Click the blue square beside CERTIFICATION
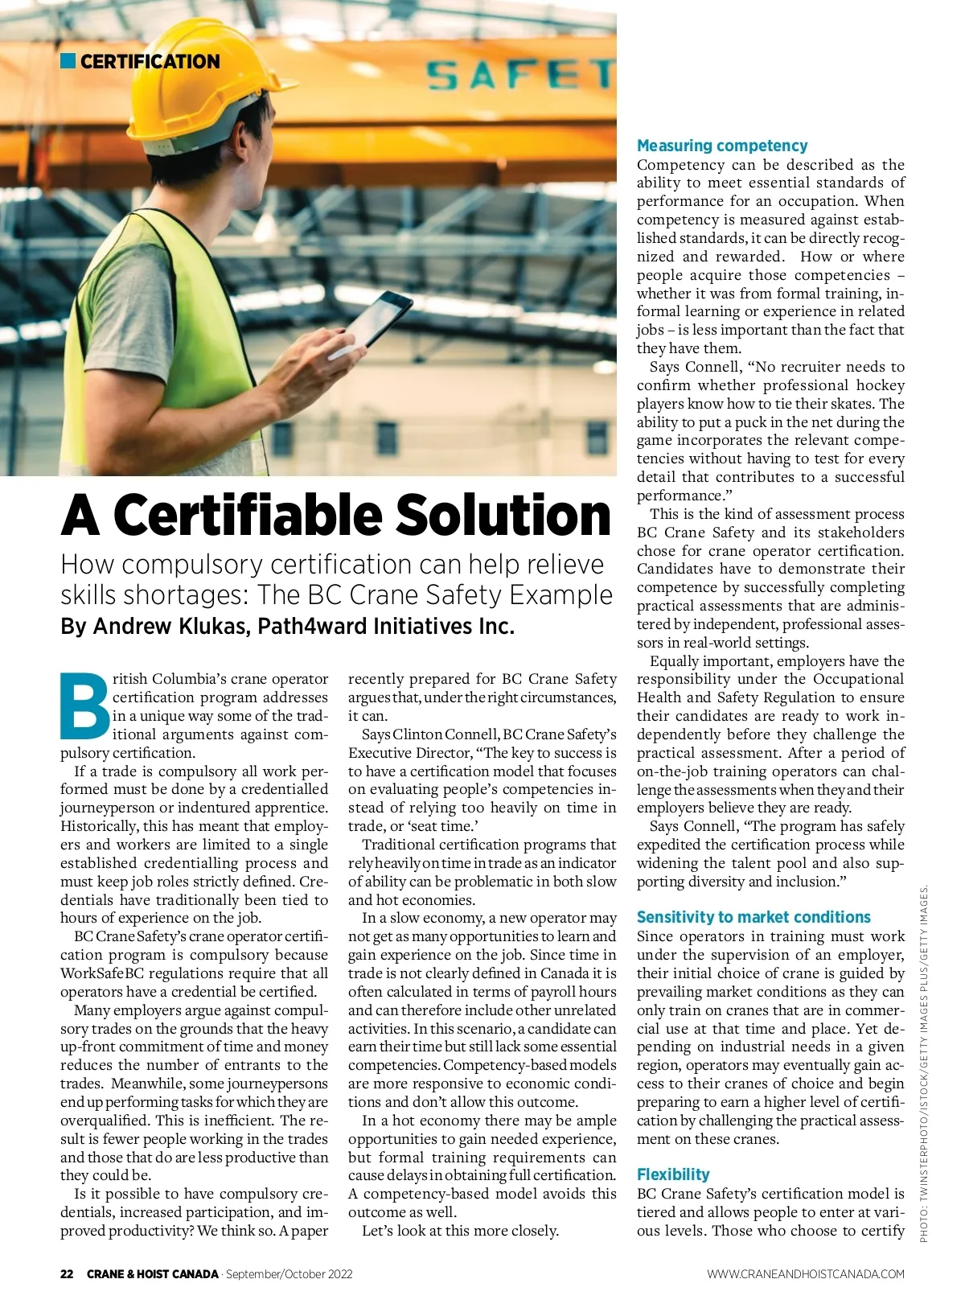pos(68,60)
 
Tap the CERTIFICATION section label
pos(150,61)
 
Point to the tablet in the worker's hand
pos(376,322)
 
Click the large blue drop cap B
pos(84,705)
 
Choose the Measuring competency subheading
pos(721,146)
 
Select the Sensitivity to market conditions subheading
pos(753,917)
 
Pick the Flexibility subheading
pos(672,1174)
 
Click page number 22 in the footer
pos(67,1274)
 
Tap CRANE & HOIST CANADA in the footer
pos(152,1274)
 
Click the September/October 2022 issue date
pos(289,1274)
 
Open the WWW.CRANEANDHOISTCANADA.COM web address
pos(805,1274)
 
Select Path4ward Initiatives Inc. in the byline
pos(386,626)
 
